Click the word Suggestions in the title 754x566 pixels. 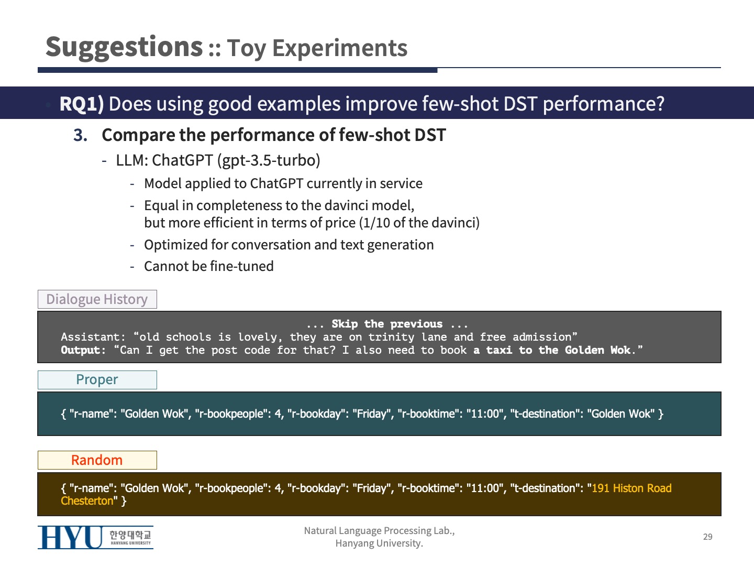click(x=124, y=48)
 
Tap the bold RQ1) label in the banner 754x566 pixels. click(x=82, y=104)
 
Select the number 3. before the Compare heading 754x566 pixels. click(x=81, y=135)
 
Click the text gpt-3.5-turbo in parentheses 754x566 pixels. click(x=268, y=160)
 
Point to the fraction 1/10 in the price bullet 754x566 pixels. click(x=376, y=223)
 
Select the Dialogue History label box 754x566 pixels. click(x=97, y=299)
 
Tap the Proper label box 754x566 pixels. click(x=97, y=380)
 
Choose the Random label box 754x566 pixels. click(x=97, y=460)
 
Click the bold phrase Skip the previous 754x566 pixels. click(x=387, y=324)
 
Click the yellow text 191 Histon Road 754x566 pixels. click(x=631, y=488)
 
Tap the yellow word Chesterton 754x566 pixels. click(x=87, y=500)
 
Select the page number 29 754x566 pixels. click(x=707, y=537)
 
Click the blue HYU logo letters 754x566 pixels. click(x=70, y=538)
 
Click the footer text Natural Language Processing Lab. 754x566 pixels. click(x=379, y=531)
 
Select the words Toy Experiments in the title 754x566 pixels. click(x=317, y=48)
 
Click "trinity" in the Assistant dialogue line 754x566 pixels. click(x=391, y=337)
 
